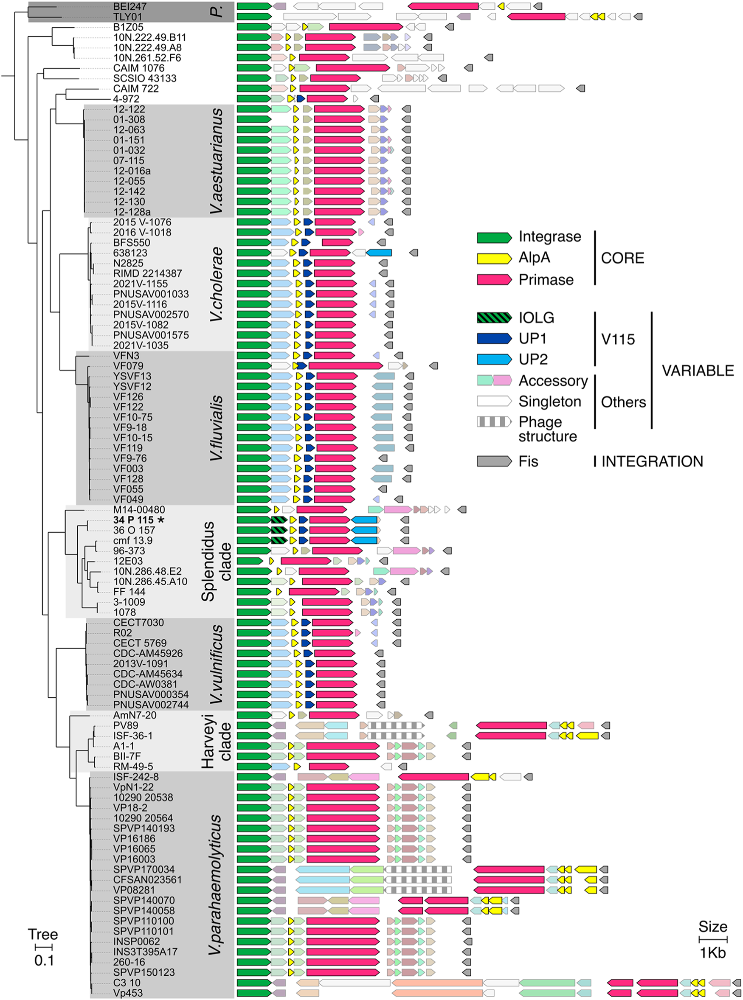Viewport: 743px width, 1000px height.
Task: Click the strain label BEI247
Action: coord(129,7)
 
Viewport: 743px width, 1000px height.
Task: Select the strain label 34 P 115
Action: coord(133,520)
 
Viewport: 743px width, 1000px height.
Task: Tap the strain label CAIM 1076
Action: coord(138,68)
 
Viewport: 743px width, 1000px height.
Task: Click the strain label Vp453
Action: coord(128,992)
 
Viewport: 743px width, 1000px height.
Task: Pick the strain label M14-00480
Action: coord(139,509)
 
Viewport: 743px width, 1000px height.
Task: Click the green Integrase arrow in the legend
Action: coord(494,237)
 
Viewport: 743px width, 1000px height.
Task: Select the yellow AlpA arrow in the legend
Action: coord(494,258)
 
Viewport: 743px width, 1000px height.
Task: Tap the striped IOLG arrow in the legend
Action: coord(494,317)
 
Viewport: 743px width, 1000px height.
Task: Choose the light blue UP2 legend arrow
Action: coord(494,359)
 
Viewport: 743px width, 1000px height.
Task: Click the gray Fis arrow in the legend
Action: coord(494,461)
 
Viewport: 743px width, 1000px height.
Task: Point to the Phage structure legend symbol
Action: coord(494,422)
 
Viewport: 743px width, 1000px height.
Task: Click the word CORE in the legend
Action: coord(622,258)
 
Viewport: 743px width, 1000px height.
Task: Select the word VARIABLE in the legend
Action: coord(698,371)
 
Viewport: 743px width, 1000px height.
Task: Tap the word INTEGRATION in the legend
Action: coord(652,461)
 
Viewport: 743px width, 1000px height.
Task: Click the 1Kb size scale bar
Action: coord(712,940)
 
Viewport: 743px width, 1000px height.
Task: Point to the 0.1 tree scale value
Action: coord(44,961)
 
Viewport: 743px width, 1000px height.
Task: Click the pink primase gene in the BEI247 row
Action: coord(443,6)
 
